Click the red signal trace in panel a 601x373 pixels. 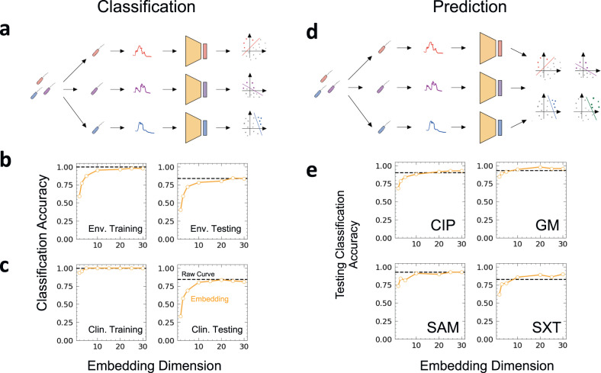[144, 51]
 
